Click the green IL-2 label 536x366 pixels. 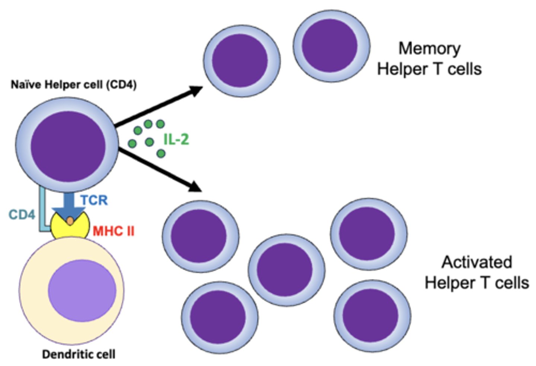tap(176, 139)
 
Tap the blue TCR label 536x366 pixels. tap(94, 200)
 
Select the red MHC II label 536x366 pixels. tap(114, 231)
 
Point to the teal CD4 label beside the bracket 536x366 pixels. tap(22, 215)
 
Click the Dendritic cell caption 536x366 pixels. tap(79, 354)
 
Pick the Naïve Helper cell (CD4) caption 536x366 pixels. tap(74, 85)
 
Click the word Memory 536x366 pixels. tap(430, 48)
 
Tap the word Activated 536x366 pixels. tap(477, 262)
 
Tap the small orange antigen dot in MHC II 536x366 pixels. tap(70, 221)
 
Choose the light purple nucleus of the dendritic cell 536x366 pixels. tap(82, 290)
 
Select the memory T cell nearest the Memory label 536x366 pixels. tap(331, 46)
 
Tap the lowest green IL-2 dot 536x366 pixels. tap(161, 153)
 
